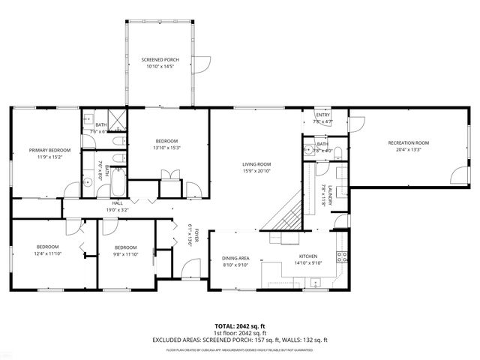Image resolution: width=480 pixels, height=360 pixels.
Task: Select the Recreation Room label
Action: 408,142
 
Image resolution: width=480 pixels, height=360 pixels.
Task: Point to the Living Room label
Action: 256,163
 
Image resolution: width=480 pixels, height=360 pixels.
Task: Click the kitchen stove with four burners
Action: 341,256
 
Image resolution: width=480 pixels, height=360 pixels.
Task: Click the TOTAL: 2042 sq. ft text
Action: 240,325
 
